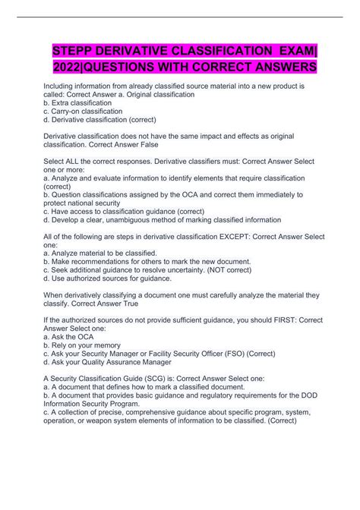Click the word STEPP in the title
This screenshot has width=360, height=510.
tap(75, 51)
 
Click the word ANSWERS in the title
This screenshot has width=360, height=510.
tap(273, 69)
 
